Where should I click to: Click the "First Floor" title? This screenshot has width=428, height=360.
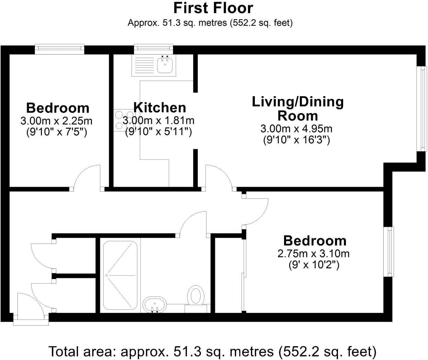pyautogui.click(x=213, y=8)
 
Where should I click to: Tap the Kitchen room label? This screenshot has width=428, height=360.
pyautogui.click(x=160, y=107)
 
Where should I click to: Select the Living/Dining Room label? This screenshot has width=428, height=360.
pyautogui.click(x=297, y=109)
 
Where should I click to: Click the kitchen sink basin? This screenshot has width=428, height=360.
pyautogui.click(x=165, y=65)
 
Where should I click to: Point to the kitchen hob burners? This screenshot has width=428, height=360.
pyautogui.click(x=124, y=120)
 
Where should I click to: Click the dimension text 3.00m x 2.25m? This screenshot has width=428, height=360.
pyautogui.click(x=56, y=121)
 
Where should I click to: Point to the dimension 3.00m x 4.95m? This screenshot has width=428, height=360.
pyautogui.click(x=296, y=129)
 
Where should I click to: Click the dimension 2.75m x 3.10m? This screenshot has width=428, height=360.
pyautogui.click(x=313, y=254)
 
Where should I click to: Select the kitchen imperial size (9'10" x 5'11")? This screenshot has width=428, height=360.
pyautogui.click(x=158, y=132)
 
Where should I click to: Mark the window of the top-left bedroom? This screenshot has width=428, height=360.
pyautogui.click(x=59, y=48)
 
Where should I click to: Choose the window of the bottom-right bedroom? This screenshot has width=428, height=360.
pyautogui.click(x=389, y=252)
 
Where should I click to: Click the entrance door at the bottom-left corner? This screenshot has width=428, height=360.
pyautogui.click(x=31, y=307)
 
